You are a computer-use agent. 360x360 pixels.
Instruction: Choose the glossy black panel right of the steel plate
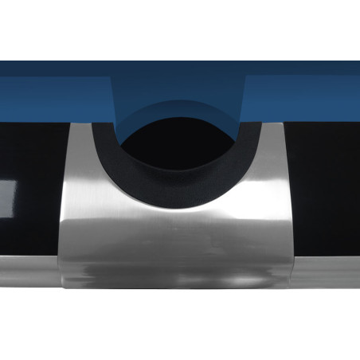[x=327, y=183]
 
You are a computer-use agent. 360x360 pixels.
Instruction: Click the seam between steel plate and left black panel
[x=62, y=199]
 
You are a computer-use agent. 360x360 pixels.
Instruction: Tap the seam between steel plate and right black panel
[x=296, y=199]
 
